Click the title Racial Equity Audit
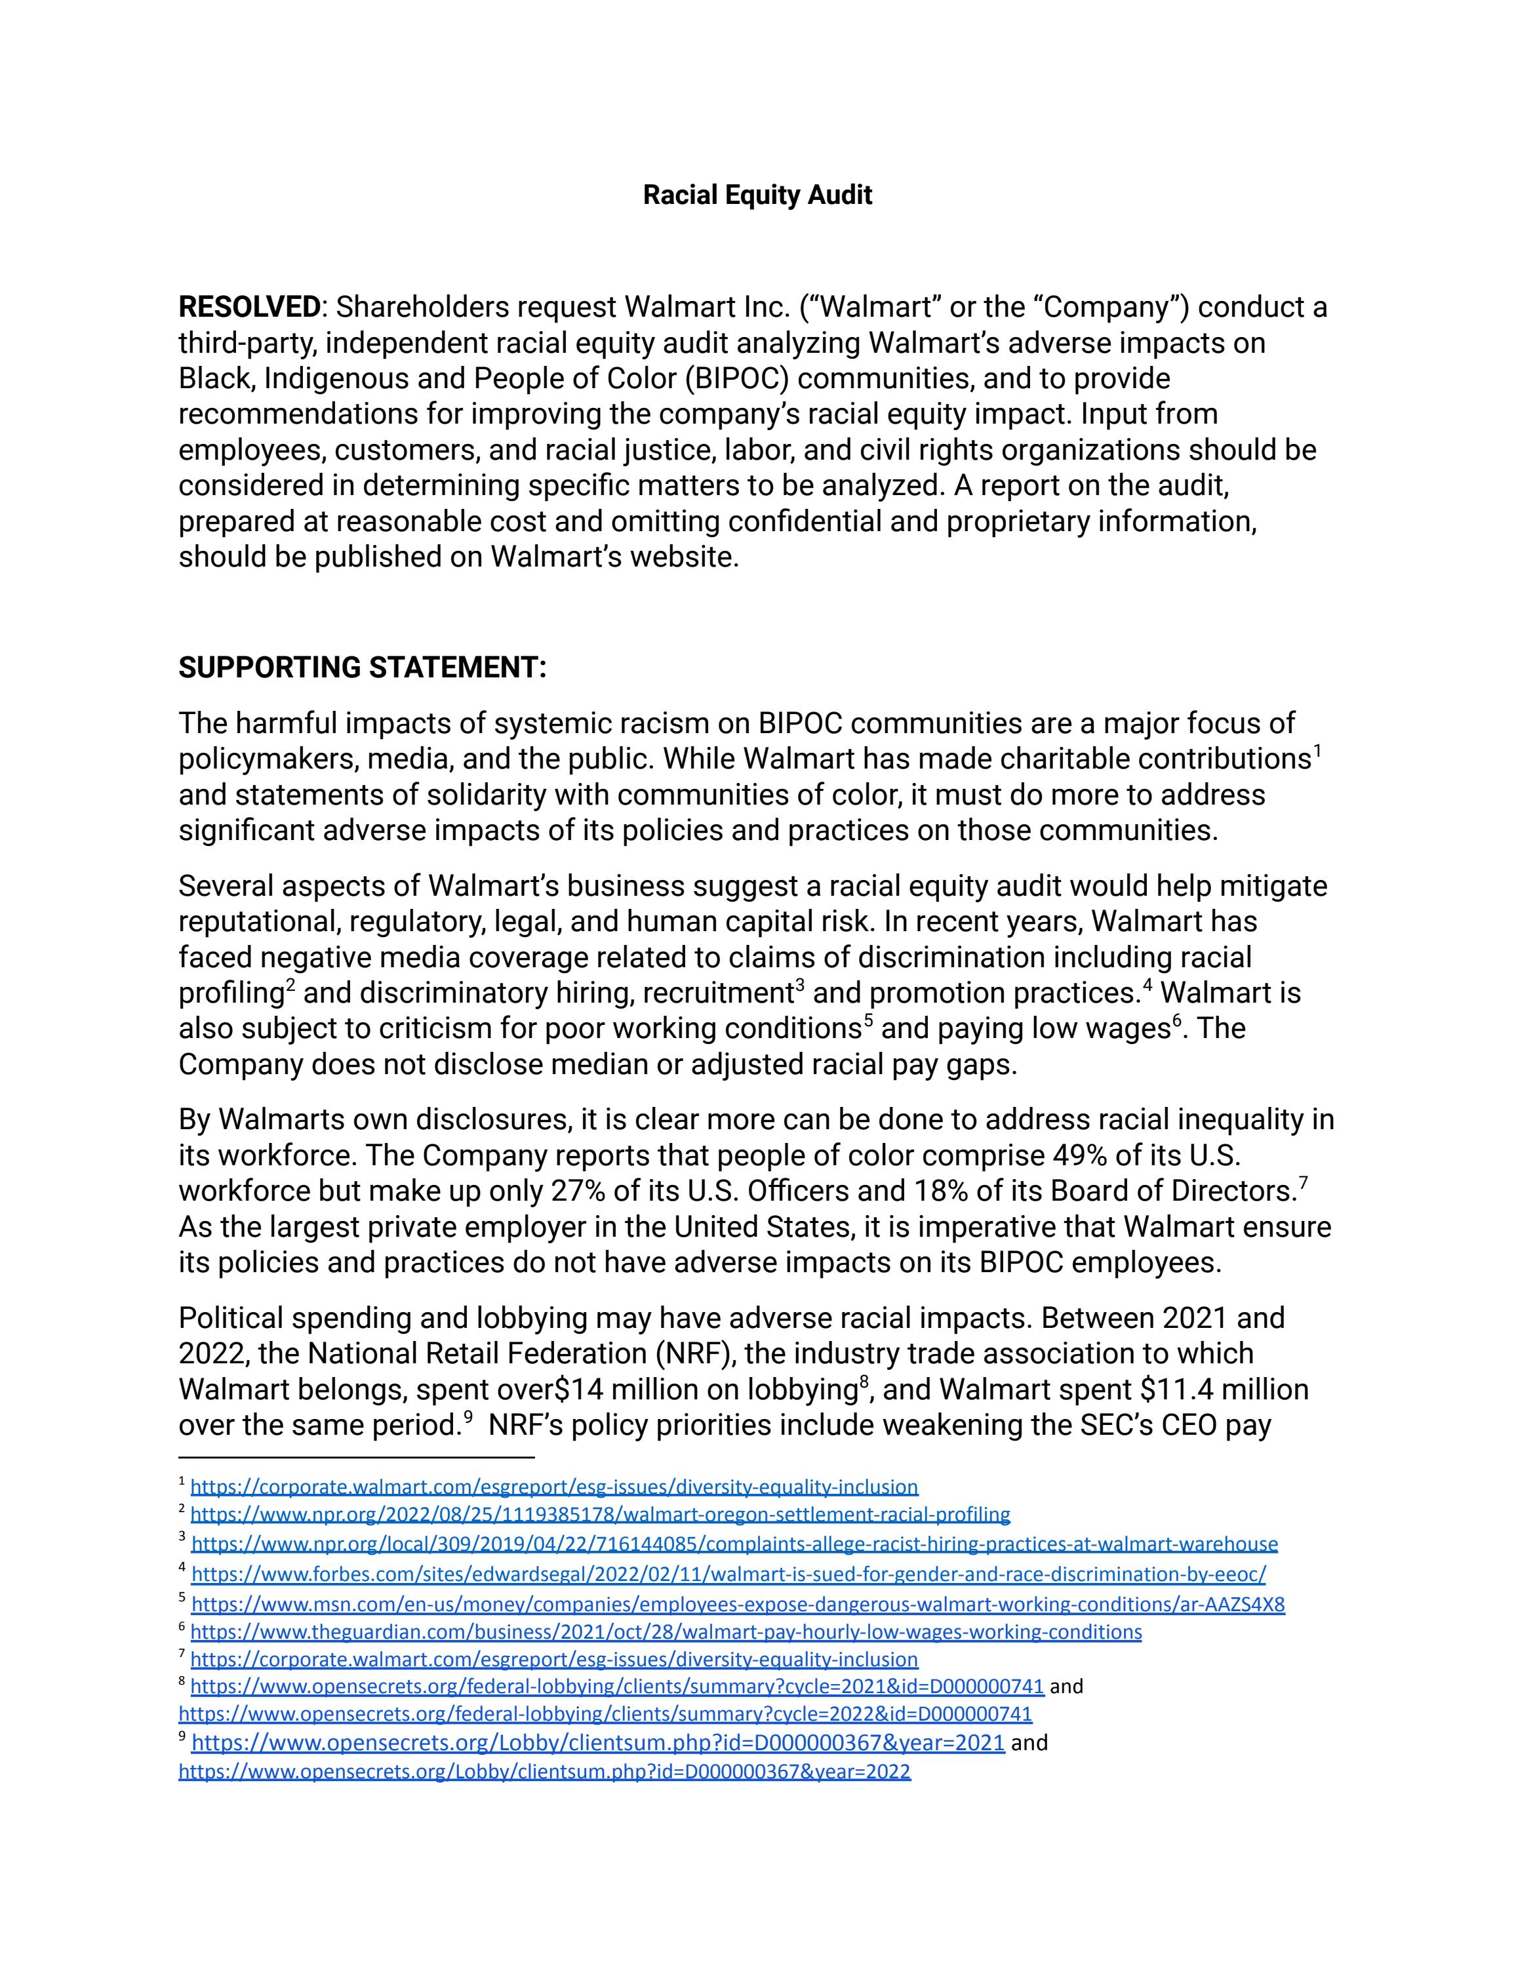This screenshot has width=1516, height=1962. point(757,195)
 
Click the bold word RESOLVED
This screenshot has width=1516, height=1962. point(249,308)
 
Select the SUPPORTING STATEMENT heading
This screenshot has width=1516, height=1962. point(362,668)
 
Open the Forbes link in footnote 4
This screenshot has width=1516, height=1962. point(728,1574)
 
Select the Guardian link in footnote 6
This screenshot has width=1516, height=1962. point(666,1632)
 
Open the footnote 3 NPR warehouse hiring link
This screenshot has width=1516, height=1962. point(734,1544)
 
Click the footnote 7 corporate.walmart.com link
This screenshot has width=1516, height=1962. point(554,1659)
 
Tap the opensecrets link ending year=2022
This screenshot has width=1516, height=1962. point(544,1772)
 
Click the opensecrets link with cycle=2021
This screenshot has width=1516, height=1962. point(617,1686)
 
